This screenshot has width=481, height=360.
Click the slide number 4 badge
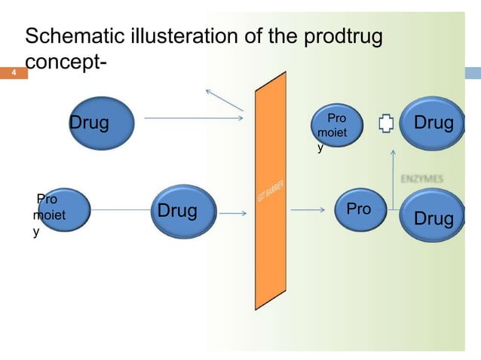pos(12,74)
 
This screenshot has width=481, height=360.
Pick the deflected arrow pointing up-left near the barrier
pos(224,100)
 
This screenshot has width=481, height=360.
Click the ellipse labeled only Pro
pos(359,209)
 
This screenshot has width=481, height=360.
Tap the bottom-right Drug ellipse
pos(434,217)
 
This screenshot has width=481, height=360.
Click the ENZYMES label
pos(421,178)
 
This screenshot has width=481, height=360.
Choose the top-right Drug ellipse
pos(434,121)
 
